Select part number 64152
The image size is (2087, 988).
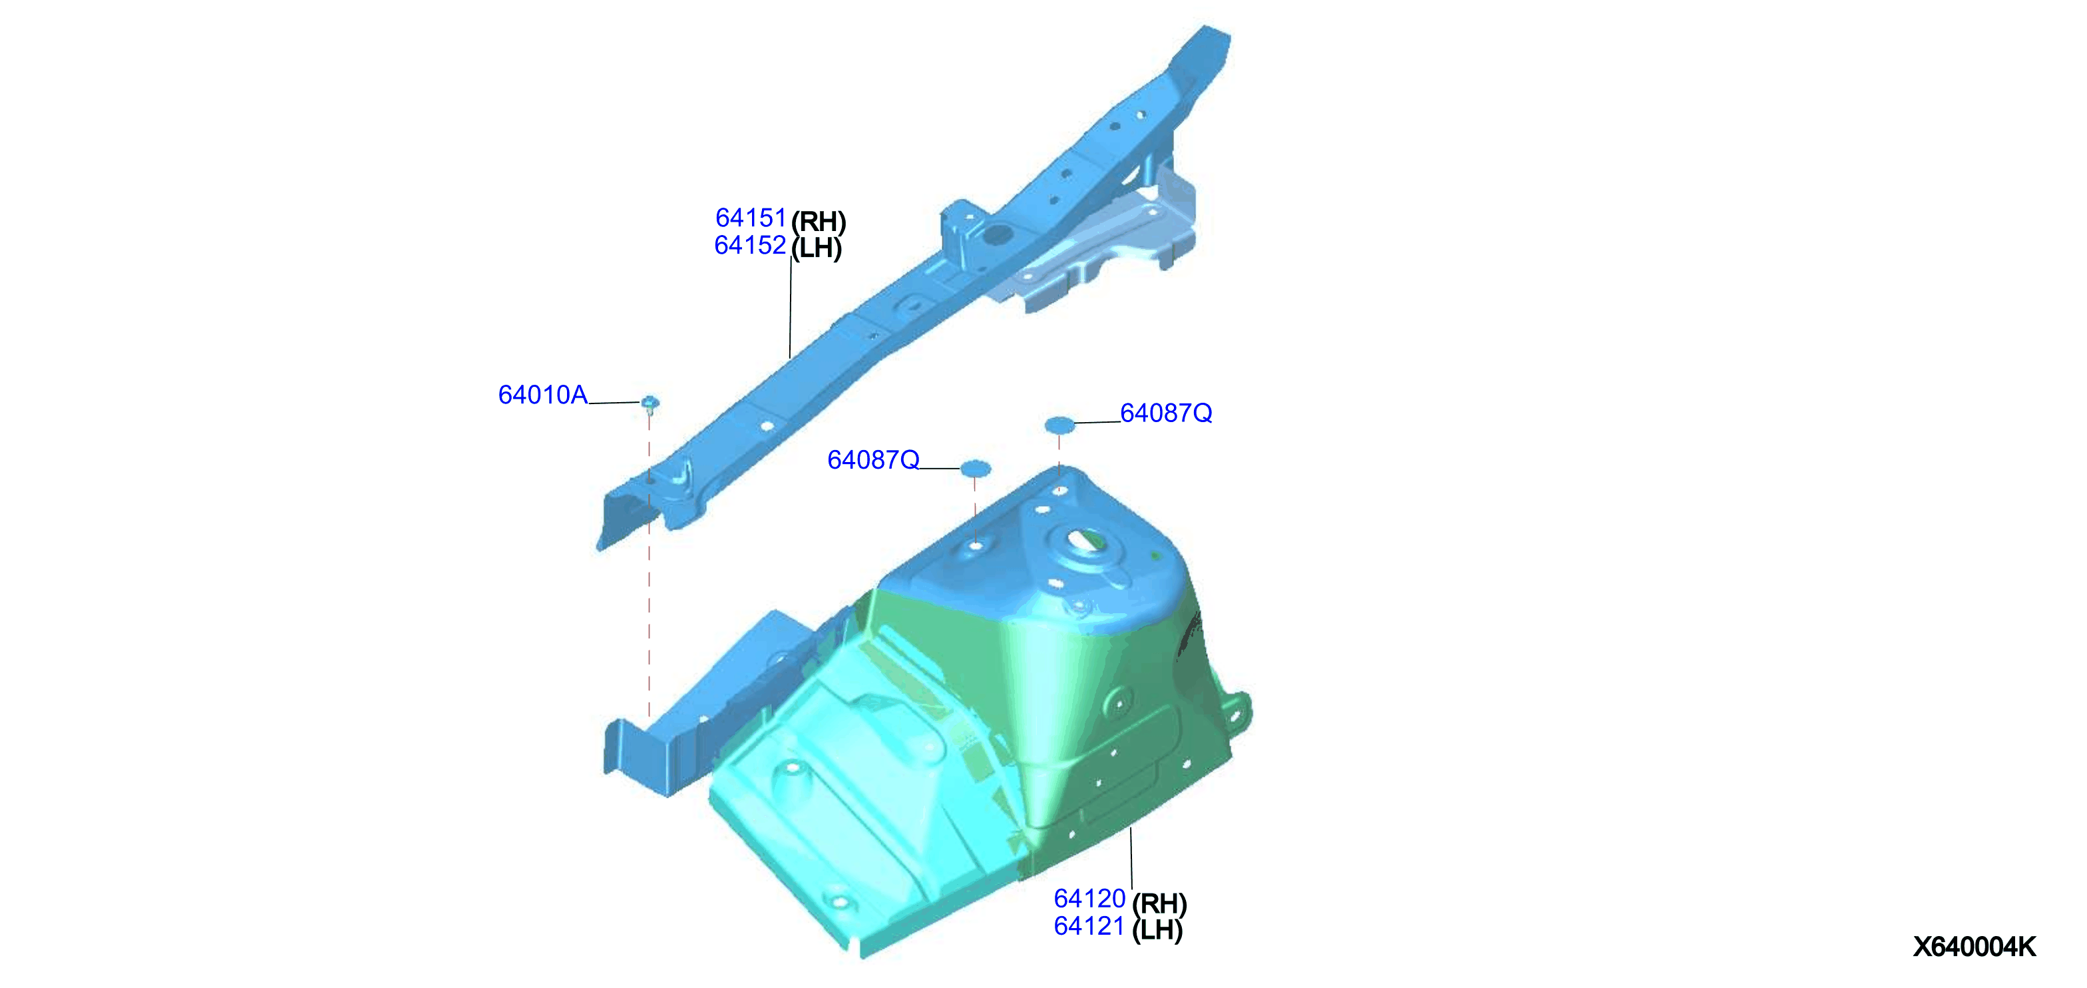(750, 246)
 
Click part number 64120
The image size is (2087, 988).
(1089, 899)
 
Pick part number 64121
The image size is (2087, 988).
(1089, 926)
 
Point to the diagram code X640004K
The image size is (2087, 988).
(1975, 947)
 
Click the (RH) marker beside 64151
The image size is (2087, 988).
(819, 221)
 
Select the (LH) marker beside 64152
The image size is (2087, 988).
(817, 248)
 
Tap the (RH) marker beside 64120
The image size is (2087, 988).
(1159, 903)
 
